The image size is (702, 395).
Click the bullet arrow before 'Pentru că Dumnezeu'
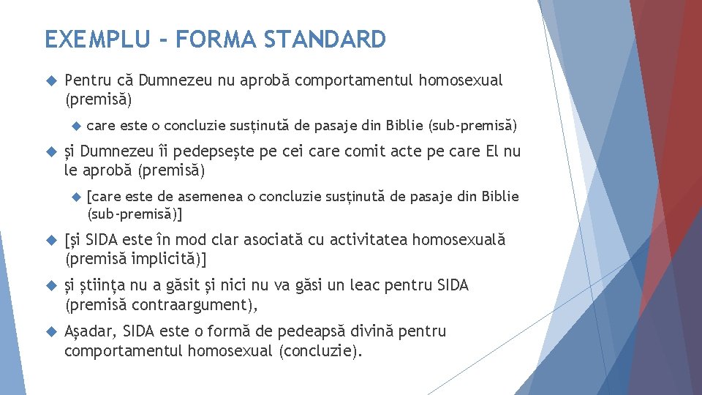pyautogui.click(x=51, y=81)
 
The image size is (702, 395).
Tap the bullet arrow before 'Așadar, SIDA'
pyautogui.click(x=51, y=332)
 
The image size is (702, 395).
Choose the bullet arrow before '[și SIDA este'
pyautogui.click(x=51, y=241)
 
